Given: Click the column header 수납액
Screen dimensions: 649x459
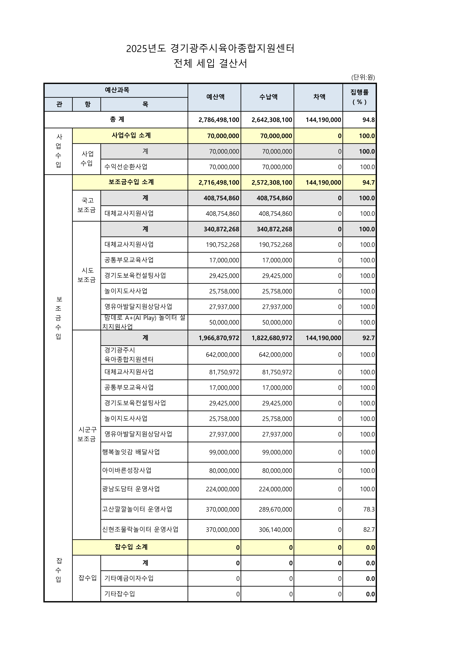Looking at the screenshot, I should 268,97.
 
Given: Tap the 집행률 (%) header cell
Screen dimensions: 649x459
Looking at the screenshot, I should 359,97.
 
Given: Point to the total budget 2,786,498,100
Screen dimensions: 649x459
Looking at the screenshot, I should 219,120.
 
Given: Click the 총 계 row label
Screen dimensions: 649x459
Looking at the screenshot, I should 117,119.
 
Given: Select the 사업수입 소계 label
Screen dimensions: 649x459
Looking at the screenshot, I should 131,135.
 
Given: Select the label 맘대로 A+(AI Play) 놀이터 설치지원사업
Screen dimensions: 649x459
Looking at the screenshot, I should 144,322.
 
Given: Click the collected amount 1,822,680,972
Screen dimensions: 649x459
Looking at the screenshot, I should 272,338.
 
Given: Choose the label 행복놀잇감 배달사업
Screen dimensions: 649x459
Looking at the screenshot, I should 131,452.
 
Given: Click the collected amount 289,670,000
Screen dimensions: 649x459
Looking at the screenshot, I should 275,509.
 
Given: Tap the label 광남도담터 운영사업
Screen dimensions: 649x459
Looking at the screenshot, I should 131,489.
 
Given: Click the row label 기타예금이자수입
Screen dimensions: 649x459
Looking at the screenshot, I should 129,578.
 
